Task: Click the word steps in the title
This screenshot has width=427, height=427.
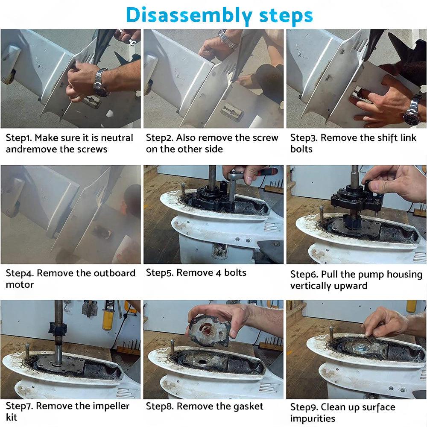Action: point(286,15)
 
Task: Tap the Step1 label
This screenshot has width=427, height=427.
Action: point(19,138)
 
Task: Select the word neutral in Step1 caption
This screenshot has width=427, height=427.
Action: point(117,138)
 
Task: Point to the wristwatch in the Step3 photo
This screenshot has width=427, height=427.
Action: point(413,110)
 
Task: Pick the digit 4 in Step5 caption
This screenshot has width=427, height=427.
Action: point(218,273)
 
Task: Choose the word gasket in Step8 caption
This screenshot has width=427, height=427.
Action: point(246,407)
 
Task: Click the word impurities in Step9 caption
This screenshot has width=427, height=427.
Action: point(313,418)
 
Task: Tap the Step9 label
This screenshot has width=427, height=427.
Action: point(304,407)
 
